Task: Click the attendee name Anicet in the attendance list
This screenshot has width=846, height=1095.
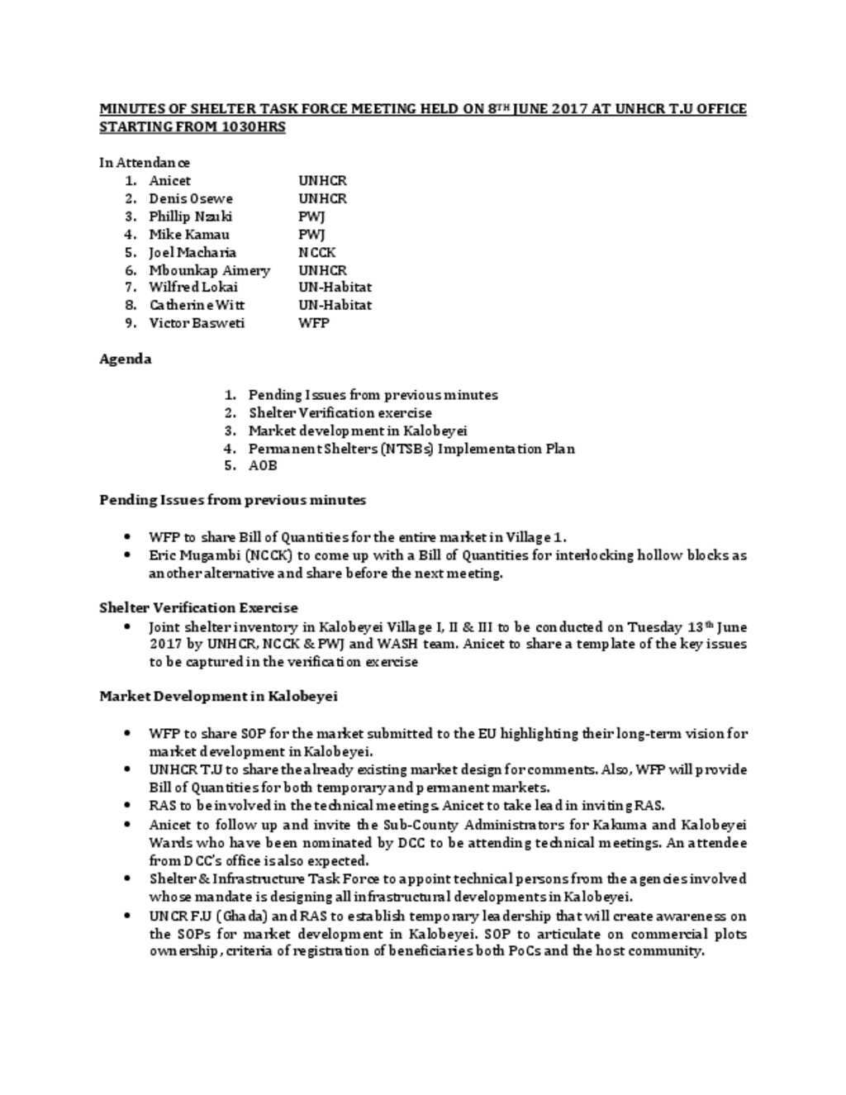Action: [169, 180]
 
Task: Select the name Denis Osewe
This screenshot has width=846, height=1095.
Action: [190, 198]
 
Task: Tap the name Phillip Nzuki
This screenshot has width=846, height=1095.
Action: [190, 217]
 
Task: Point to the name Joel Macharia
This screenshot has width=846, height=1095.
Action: [192, 252]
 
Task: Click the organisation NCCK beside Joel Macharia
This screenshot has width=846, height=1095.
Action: [316, 252]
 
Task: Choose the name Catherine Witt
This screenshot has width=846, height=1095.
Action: [196, 305]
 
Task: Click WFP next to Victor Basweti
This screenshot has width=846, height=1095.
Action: [313, 322]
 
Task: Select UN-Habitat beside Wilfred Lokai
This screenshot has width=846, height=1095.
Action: [335, 287]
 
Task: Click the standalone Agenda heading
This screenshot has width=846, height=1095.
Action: [125, 359]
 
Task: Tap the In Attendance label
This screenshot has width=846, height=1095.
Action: [144, 162]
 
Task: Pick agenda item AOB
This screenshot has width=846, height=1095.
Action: [262, 465]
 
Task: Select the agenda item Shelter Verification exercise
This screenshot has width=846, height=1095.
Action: [340, 412]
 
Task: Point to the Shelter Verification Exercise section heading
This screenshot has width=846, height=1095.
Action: [198, 607]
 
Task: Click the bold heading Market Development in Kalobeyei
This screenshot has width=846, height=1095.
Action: [218, 696]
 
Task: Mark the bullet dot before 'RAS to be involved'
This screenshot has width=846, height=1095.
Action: [126, 805]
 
